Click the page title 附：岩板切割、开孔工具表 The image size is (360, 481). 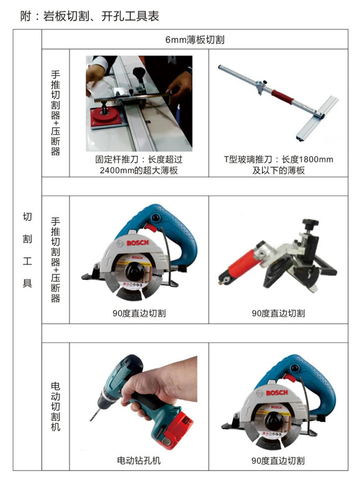tap(89, 16)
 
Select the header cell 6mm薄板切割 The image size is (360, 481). tap(195, 40)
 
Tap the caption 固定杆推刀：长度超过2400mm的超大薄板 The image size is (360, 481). tap(139, 164)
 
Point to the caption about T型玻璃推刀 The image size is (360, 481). tap(278, 164)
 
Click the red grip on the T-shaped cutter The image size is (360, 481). tap(282, 97)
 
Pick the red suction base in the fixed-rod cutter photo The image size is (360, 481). tap(106, 117)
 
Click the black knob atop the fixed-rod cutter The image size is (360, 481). tap(139, 73)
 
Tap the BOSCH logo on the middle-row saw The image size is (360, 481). tap(138, 243)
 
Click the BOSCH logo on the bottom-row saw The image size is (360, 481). tap(277, 393)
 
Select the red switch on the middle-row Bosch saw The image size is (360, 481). tap(150, 227)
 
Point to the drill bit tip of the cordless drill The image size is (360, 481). tap(91, 420)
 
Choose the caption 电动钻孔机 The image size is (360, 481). tap(138, 460)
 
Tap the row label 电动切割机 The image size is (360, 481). tap(55, 407)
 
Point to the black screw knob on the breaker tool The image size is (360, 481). tap(310, 223)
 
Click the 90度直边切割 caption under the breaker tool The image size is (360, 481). tap(278, 313)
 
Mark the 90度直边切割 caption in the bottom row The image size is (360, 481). tap(278, 461)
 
